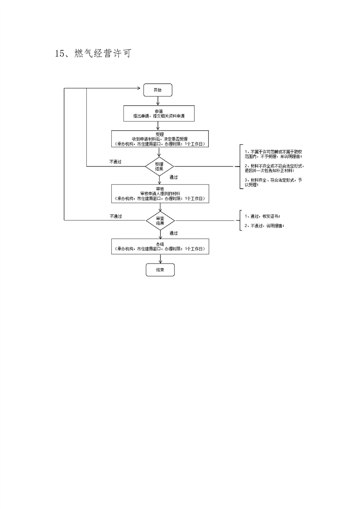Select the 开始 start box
[x=158, y=90]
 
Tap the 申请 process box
[x=159, y=114]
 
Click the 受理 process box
[x=160, y=139]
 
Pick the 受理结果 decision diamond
[x=159, y=166]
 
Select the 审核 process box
[x=160, y=193]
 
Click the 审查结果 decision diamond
[x=160, y=220]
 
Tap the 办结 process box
[x=160, y=247]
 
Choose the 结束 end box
[x=160, y=270]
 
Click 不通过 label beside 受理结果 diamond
[x=115, y=162]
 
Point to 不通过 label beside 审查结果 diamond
[x=115, y=216]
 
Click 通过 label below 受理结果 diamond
[x=173, y=177]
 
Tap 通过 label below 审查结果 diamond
[x=173, y=233]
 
